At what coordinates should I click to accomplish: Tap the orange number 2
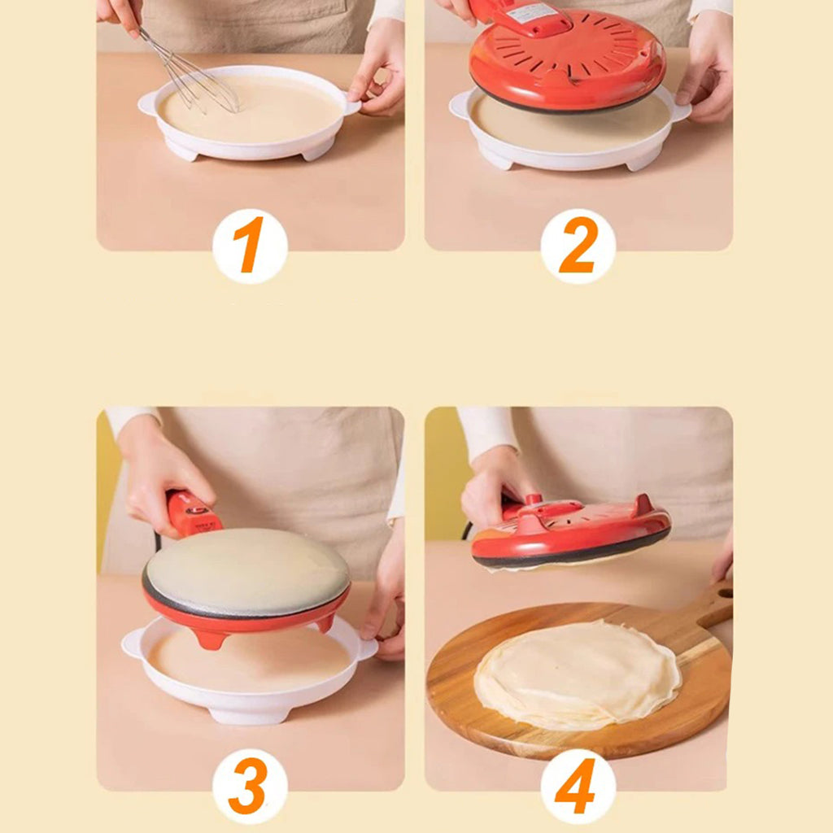tap(578, 246)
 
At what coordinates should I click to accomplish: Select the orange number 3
tap(250, 785)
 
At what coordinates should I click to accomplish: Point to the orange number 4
tap(578, 786)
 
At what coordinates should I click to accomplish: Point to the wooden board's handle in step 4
tap(713, 606)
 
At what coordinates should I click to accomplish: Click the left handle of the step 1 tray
tap(149, 102)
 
